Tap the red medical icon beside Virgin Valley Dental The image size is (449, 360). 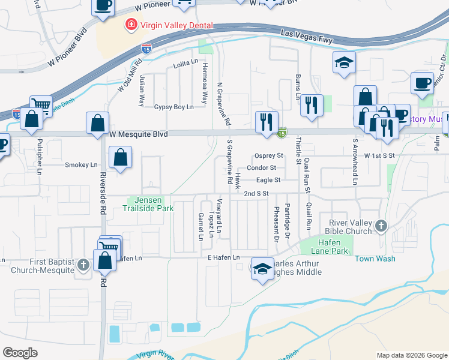(x=129, y=25)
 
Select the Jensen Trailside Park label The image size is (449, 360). (x=148, y=204)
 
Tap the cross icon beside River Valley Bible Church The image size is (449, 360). (x=379, y=226)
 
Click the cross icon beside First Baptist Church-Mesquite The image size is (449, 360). (x=83, y=264)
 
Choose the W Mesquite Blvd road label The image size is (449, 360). (x=139, y=134)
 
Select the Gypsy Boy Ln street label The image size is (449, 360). (x=174, y=107)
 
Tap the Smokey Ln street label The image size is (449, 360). (x=81, y=164)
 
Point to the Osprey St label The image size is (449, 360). (x=268, y=155)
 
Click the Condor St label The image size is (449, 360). (x=261, y=168)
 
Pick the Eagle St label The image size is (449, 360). (x=268, y=180)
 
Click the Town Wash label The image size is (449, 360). (x=375, y=259)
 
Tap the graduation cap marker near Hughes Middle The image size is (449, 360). (x=262, y=269)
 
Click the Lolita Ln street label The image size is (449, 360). (x=185, y=63)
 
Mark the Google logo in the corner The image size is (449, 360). (x=20, y=352)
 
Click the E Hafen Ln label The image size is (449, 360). (x=223, y=257)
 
